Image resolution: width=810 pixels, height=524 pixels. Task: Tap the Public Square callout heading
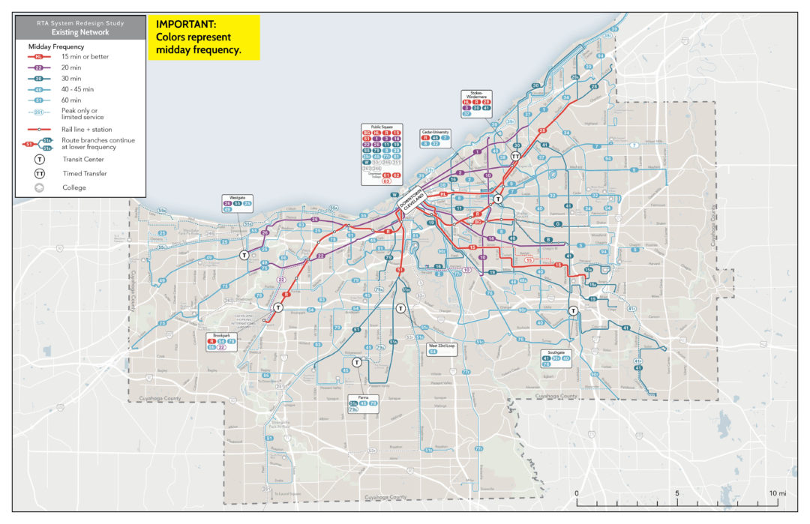[x=382, y=127]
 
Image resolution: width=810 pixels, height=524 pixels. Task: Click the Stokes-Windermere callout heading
[x=475, y=94]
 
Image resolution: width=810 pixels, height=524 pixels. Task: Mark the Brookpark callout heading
[x=221, y=335]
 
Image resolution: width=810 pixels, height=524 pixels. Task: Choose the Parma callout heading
[x=363, y=397]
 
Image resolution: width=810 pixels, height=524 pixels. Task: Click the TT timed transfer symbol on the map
[x=516, y=157]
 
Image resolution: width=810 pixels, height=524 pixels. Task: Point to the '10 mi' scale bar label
[x=777, y=493]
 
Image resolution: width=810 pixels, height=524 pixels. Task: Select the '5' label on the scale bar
[x=677, y=493]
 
